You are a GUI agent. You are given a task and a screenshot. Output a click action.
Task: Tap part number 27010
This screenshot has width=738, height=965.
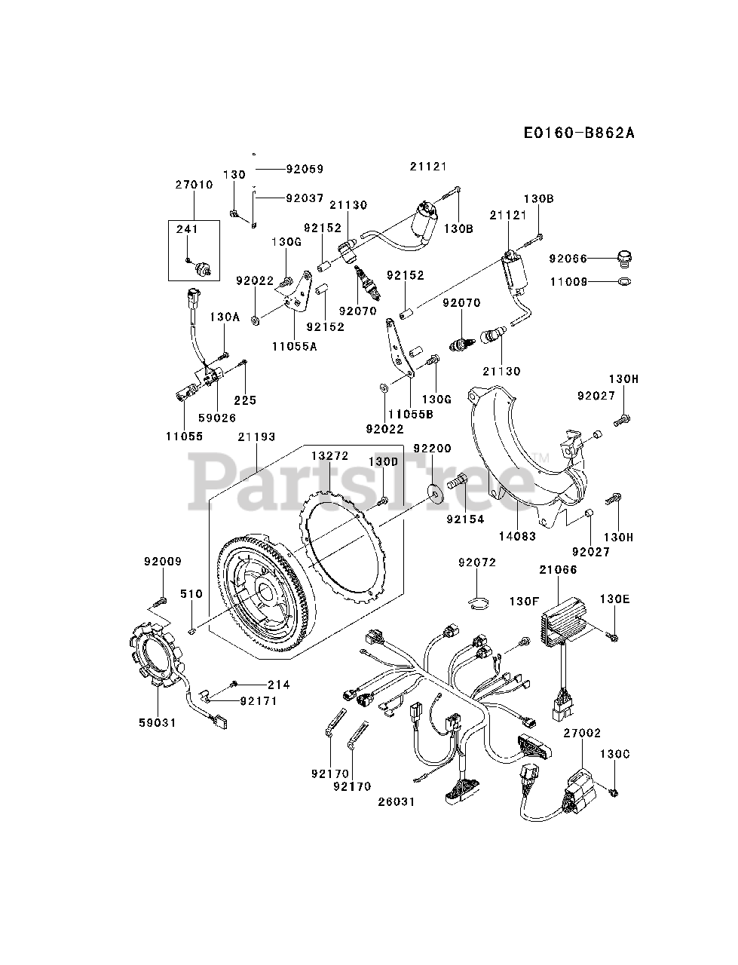193,185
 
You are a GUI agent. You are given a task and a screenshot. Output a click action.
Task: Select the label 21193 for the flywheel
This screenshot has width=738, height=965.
256,437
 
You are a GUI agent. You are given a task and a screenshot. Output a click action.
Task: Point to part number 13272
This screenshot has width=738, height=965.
330,456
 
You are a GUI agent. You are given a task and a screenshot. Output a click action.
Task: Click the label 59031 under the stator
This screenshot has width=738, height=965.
157,722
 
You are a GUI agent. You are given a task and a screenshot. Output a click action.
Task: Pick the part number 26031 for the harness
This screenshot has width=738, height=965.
397,801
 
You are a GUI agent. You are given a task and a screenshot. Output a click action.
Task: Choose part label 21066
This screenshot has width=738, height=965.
559,570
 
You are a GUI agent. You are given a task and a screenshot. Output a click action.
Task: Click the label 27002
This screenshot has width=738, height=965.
581,732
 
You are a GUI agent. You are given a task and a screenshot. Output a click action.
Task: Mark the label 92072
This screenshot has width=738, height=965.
477,562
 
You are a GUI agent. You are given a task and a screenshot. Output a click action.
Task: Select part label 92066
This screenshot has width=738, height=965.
568,259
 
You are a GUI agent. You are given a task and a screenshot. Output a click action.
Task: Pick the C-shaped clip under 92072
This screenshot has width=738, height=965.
478,601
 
